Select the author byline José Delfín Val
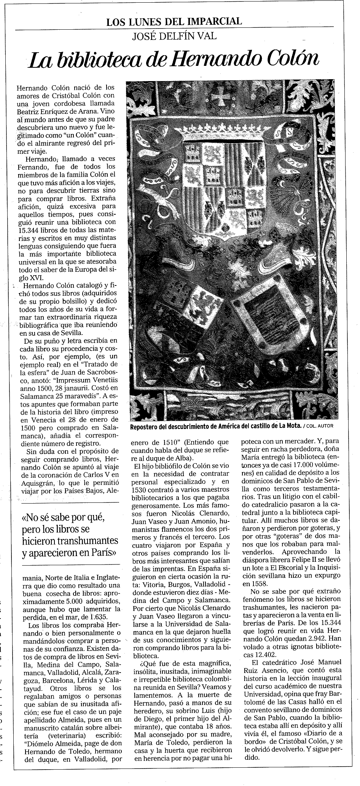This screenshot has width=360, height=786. [x=174, y=37]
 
